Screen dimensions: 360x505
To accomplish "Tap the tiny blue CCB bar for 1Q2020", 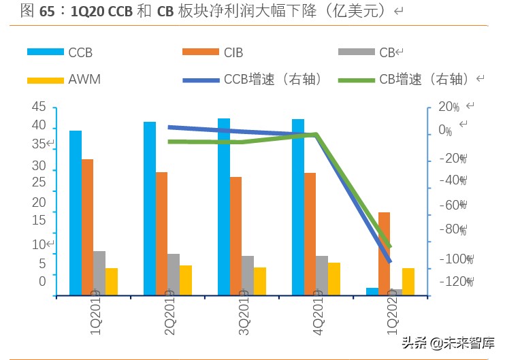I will tap(372, 291).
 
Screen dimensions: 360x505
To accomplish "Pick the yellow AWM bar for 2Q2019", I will tap(186, 280).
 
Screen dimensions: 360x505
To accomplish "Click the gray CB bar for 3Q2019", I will tap(248, 275).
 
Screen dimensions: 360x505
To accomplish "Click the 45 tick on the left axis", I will tap(39, 107).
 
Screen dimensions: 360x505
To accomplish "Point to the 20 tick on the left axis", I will tap(39, 202).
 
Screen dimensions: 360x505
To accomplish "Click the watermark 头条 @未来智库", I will tap(446, 343).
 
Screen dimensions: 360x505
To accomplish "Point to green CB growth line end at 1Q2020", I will tap(390, 246).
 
